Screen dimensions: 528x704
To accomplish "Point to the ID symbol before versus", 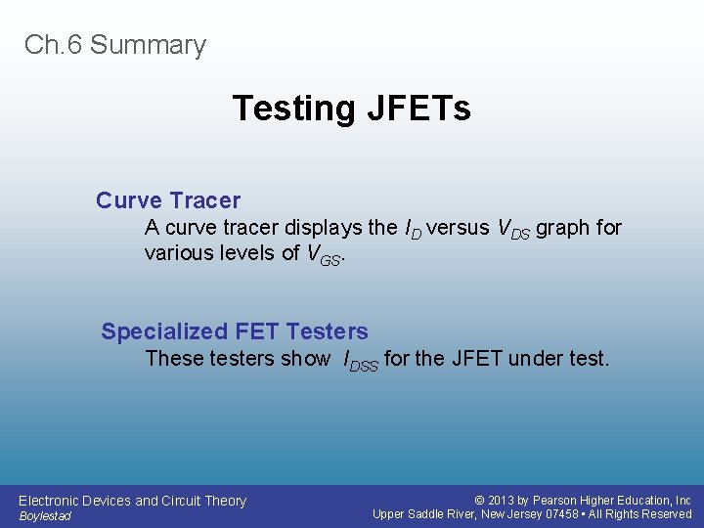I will pyautogui.click(x=413, y=229).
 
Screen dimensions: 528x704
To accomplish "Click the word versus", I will pyautogui.click(x=459, y=228).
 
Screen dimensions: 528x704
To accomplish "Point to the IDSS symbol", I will pyautogui.click(x=359, y=361).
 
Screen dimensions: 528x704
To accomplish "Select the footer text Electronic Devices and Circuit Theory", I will pyautogui.click(x=132, y=501).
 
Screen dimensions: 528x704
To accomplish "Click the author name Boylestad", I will pyautogui.click(x=45, y=516).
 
